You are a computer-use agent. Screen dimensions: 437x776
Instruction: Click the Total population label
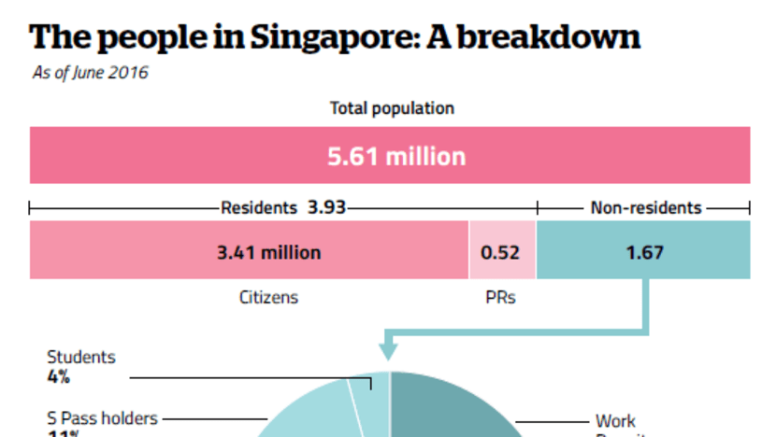(392, 108)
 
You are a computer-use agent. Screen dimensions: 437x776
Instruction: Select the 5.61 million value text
(395, 156)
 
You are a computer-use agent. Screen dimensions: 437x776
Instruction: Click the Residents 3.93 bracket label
(282, 207)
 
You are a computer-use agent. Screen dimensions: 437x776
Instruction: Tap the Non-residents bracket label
(646, 207)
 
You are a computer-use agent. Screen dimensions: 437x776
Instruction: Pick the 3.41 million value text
(268, 252)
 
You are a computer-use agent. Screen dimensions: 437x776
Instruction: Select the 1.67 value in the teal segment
(643, 252)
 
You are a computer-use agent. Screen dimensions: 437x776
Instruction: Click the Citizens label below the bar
(268, 297)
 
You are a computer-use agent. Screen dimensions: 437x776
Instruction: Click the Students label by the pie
(81, 358)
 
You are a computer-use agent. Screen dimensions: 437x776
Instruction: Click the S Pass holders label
(103, 418)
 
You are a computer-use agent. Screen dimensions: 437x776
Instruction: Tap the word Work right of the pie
(615, 421)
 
